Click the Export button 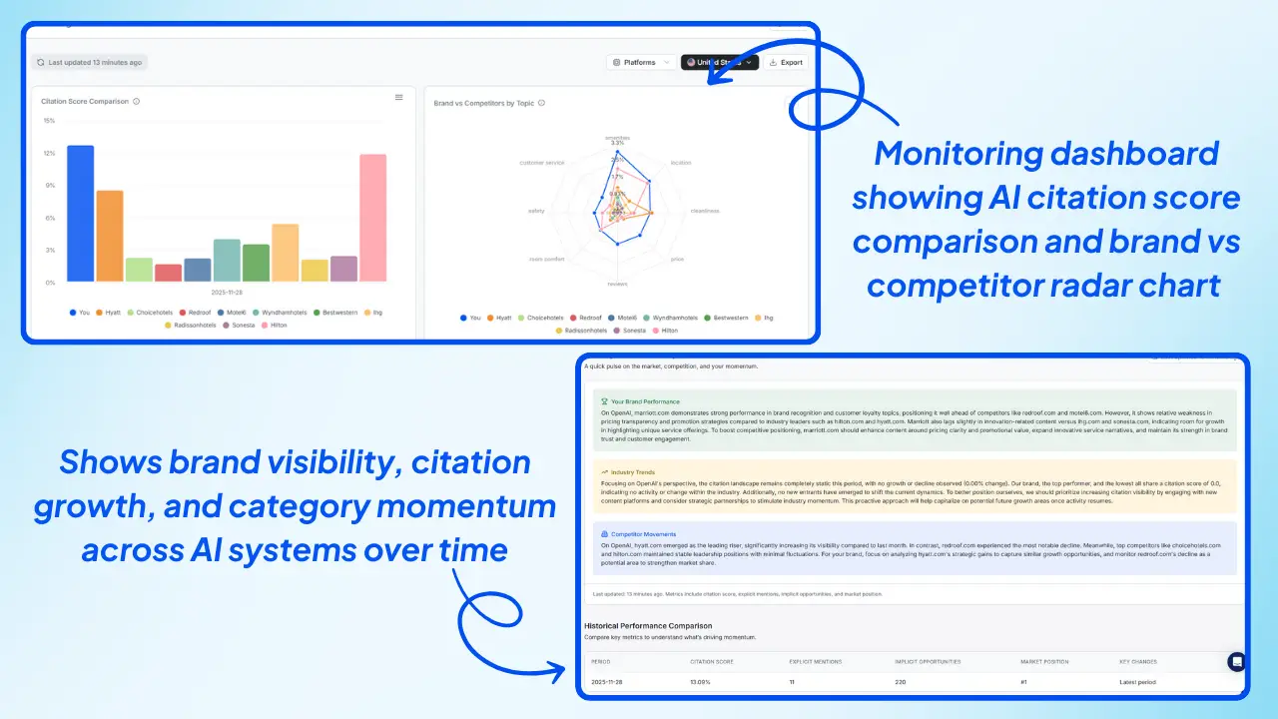click(x=786, y=62)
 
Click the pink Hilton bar click(x=372, y=218)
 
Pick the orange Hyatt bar click(x=110, y=236)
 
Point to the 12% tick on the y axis click(x=49, y=153)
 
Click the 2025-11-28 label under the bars click(x=227, y=294)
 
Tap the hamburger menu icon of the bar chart click(x=399, y=98)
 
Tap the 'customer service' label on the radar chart click(x=542, y=162)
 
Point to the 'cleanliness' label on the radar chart click(x=704, y=211)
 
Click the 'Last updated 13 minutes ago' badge click(x=89, y=62)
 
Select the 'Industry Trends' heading click(x=634, y=470)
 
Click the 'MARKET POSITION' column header click(x=1045, y=661)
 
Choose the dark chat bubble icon click(x=1237, y=661)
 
